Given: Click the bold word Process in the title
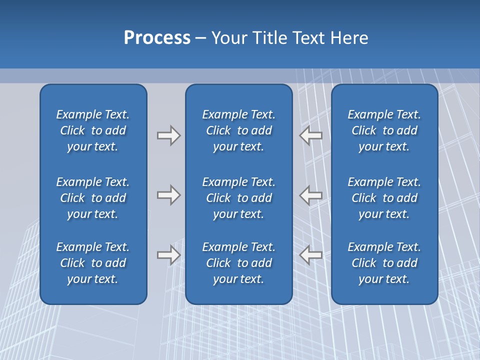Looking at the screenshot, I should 157,38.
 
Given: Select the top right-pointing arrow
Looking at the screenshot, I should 169,135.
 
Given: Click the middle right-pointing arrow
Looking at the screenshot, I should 169,195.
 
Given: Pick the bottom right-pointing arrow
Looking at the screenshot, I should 169,255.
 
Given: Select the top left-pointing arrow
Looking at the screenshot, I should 310,135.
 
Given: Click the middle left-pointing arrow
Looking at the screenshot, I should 310,195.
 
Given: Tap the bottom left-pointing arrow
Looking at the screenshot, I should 310,255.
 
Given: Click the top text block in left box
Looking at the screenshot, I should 93,130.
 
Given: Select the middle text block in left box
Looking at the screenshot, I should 93,198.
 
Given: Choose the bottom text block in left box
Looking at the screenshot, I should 93,263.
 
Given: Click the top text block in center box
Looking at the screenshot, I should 238,130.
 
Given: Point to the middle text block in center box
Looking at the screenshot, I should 238,198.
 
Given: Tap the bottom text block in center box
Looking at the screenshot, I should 238,263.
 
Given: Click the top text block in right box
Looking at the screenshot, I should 384,130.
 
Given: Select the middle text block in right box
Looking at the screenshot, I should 384,198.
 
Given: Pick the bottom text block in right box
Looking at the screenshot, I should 384,263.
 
